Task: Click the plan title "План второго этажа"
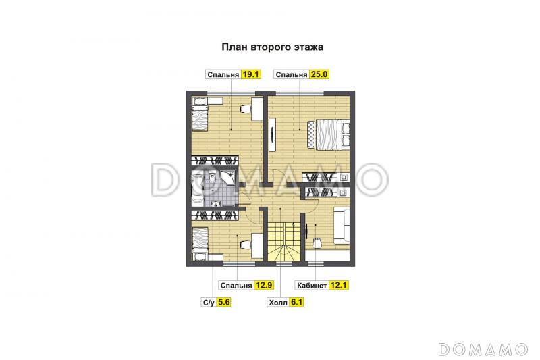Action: [x=273, y=47]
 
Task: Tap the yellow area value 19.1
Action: [x=250, y=74]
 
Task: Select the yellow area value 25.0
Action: [x=319, y=74]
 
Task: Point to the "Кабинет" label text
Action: [x=312, y=286]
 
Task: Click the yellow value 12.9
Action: [x=264, y=285]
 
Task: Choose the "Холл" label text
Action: [x=278, y=303]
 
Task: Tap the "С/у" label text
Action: [x=209, y=303]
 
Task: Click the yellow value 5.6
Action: [x=224, y=302]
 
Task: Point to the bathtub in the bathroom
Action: [x=197, y=189]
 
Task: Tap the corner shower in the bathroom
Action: [x=226, y=178]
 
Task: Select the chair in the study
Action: [x=317, y=242]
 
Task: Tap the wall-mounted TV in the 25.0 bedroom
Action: [x=273, y=134]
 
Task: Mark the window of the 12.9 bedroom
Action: [x=240, y=264]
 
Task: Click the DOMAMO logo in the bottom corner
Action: [x=483, y=349]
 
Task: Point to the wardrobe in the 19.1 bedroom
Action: [x=215, y=160]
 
